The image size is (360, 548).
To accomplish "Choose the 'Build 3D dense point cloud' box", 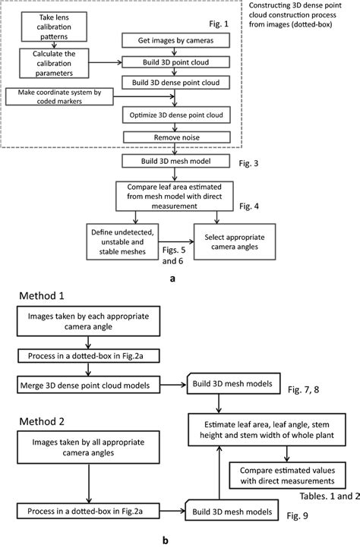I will [x=176, y=81].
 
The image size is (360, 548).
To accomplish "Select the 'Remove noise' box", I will [x=176, y=137].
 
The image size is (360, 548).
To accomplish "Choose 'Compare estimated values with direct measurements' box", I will [x=286, y=474].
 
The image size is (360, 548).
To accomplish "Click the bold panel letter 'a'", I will [x=174, y=279].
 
